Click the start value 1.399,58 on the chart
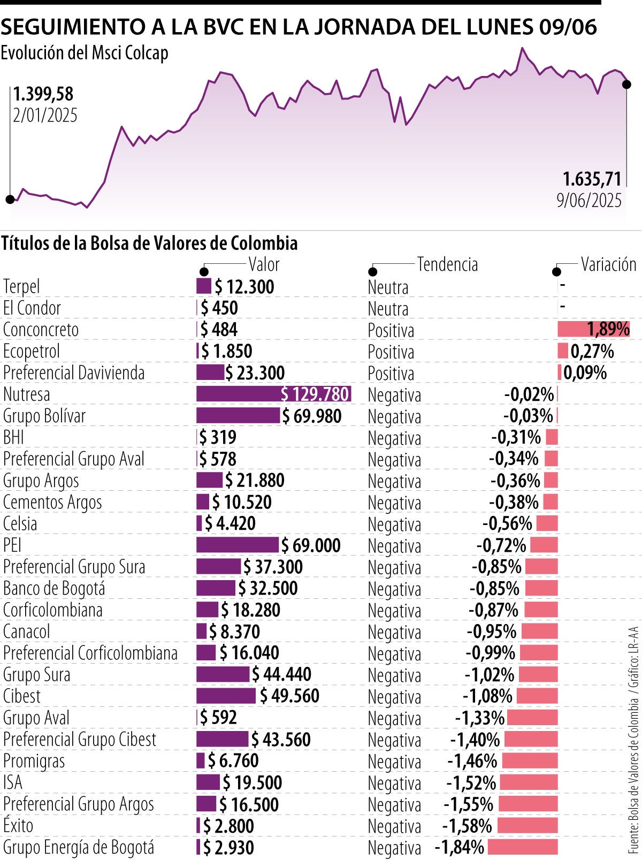(43, 94)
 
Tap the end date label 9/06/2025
(589, 200)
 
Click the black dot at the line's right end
(626, 85)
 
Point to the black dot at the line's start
(10, 200)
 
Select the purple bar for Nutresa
(273, 394)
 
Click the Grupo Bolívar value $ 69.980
(312, 416)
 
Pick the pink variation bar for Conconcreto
(593, 329)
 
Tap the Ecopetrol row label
(32, 351)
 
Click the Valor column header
(264, 264)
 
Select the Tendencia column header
(447, 264)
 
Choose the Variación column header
(608, 264)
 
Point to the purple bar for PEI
(238, 545)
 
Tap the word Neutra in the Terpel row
(388, 287)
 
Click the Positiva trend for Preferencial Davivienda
(391, 374)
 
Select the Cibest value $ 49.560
(289, 696)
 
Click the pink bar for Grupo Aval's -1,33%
(532, 717)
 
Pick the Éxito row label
(18, 825)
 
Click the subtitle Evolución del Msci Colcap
(85, 53)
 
